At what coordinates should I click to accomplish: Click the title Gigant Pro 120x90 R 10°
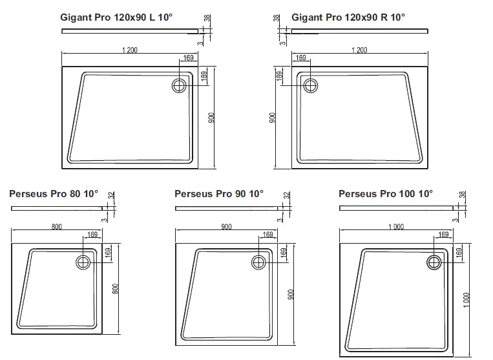point(348,17)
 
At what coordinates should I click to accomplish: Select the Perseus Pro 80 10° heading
point(54,193)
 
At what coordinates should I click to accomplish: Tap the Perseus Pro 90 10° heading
point(219,193)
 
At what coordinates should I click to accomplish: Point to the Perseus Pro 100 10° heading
point(386,193)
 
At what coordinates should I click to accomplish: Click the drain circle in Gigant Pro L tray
point(180,84)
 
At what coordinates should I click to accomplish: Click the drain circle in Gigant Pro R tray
point(310,84)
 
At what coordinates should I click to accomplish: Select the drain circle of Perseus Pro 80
point(83,262)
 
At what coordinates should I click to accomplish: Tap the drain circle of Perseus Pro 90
point(258,262)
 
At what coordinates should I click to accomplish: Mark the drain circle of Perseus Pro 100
point(434,262)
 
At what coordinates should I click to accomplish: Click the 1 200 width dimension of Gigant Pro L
point(129,50)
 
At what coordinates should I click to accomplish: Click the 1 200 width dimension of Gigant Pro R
point(359,50)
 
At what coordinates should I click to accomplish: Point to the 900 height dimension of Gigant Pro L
point(211,117)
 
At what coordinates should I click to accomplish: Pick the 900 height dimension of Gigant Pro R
point(273,117)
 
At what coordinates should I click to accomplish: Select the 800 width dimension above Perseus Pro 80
point(56,226)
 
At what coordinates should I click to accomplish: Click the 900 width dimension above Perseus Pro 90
point(226,226)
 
